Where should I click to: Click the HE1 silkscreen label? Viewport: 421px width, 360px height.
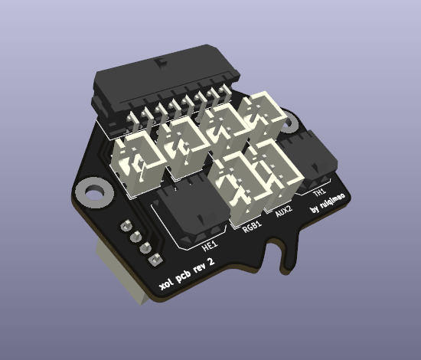208,246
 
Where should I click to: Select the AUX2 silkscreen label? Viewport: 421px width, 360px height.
283,212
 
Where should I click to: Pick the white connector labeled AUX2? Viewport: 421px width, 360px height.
268,172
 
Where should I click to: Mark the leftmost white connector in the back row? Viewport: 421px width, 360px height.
138,161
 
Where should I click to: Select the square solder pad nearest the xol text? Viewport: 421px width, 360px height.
152,259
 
